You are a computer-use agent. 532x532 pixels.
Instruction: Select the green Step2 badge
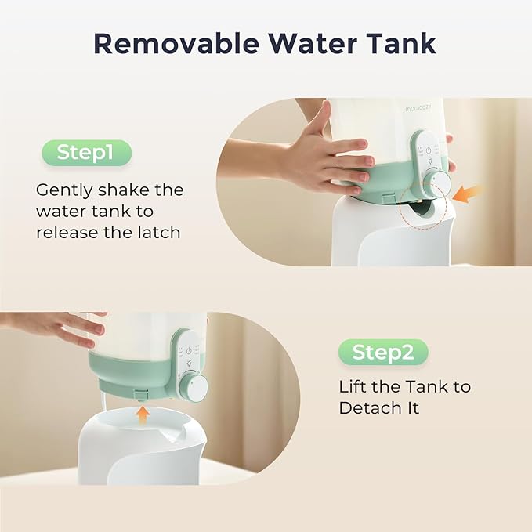click(383, 353)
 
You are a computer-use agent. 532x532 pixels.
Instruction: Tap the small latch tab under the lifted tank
click(140, 394)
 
